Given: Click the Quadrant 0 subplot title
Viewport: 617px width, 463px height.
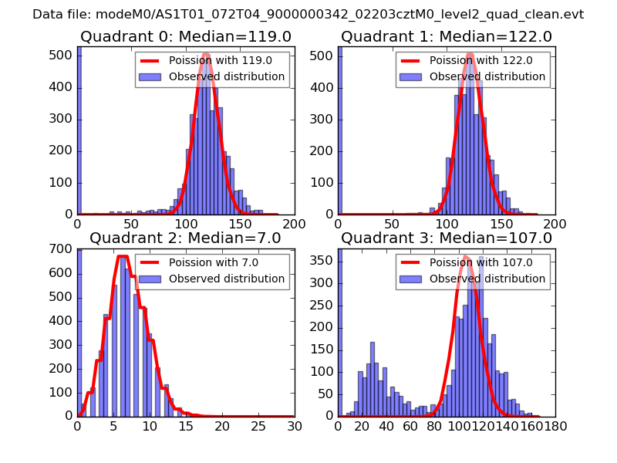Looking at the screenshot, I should point(185,37).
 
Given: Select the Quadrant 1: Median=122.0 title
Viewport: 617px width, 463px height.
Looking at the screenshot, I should point(447,37).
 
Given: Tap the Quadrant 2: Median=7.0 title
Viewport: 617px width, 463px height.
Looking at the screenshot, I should point(185,238).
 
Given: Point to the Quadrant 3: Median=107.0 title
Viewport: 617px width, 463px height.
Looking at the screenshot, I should point(447,238).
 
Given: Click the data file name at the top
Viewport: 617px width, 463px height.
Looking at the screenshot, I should point(308,15).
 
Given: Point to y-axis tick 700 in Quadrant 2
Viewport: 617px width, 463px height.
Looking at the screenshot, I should point(62,249).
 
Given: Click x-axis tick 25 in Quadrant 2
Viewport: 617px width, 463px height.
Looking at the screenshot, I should point(258,425).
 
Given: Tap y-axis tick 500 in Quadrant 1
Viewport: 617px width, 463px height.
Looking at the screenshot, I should point(323,56).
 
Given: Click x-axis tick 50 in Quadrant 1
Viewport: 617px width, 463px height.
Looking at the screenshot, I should point(393,224).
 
